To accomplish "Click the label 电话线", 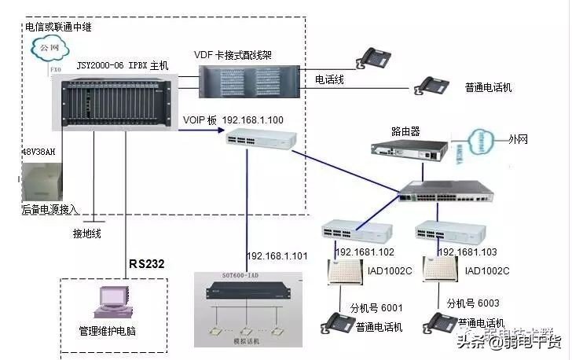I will [329, 79].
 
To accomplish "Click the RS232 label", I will [147, 263].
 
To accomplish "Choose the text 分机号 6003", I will [473, 302].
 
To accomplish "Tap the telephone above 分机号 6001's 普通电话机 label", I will [337, 323].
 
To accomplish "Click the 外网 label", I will [519, 141].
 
